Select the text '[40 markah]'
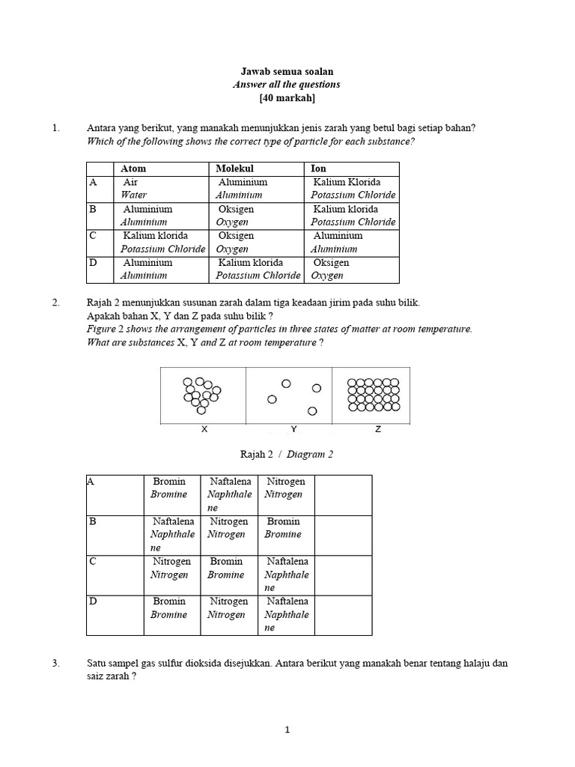287,99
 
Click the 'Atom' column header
133,169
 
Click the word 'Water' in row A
134,195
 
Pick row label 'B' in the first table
93,209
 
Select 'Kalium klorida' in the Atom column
156,236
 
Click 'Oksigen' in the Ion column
331,263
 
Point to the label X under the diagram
204,429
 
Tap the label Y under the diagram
293,429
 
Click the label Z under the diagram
378,429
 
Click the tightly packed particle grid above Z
374,395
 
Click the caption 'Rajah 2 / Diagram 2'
287,454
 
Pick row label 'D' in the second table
92,601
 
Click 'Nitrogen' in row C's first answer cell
172,561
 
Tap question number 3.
55,664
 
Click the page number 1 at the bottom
287,732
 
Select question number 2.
55,303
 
